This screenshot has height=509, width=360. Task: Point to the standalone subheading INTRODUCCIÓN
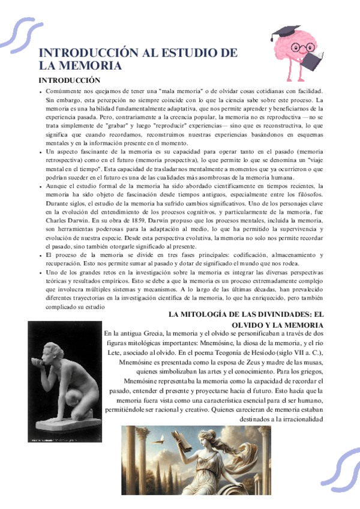click(x=69, y=80)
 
